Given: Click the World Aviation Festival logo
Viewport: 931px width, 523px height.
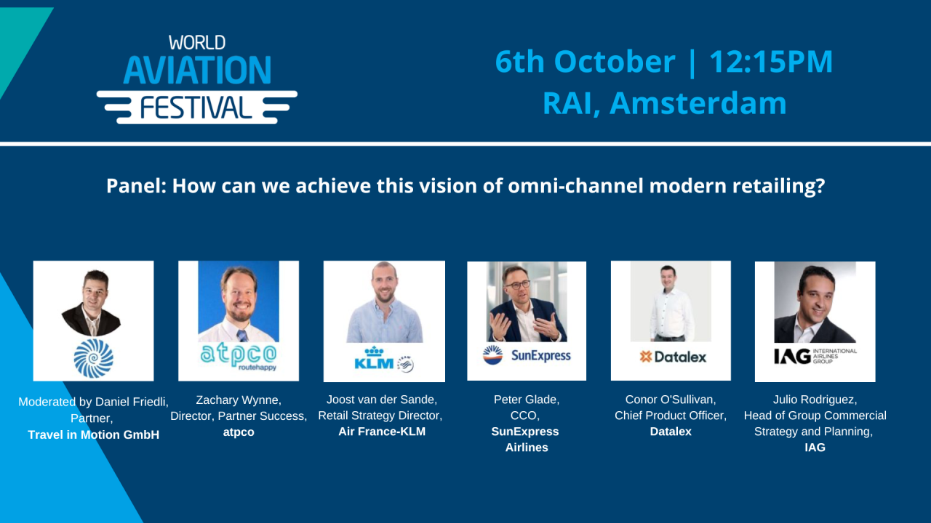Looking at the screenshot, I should coord(196,78).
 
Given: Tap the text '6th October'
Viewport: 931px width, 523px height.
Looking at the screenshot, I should coord(585,62).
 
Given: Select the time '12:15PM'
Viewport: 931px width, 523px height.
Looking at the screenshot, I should coord(771,62).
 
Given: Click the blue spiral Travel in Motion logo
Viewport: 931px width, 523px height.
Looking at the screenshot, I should coord(93,358).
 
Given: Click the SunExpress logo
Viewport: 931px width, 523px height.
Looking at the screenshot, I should coord(527,355).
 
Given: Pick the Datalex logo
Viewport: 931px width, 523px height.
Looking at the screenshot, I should coord(672,356).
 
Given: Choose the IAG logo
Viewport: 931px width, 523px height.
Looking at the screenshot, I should coord(815,355).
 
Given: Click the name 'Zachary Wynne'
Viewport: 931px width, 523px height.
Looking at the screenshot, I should coord(238,400).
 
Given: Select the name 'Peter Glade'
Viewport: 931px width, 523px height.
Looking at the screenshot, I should coord(526,400).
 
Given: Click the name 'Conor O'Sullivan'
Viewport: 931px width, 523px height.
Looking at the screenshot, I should coord(670,400).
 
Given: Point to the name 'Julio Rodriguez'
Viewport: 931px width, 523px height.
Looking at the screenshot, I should coord(815,400).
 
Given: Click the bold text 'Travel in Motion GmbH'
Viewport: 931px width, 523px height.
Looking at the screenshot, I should coord(93,435).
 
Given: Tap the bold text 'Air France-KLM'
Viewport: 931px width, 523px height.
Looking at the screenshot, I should coord(382,431).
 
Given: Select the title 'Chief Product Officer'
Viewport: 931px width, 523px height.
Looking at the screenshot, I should coord(670,415).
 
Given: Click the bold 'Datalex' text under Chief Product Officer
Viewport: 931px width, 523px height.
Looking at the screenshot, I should coord(670,431).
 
